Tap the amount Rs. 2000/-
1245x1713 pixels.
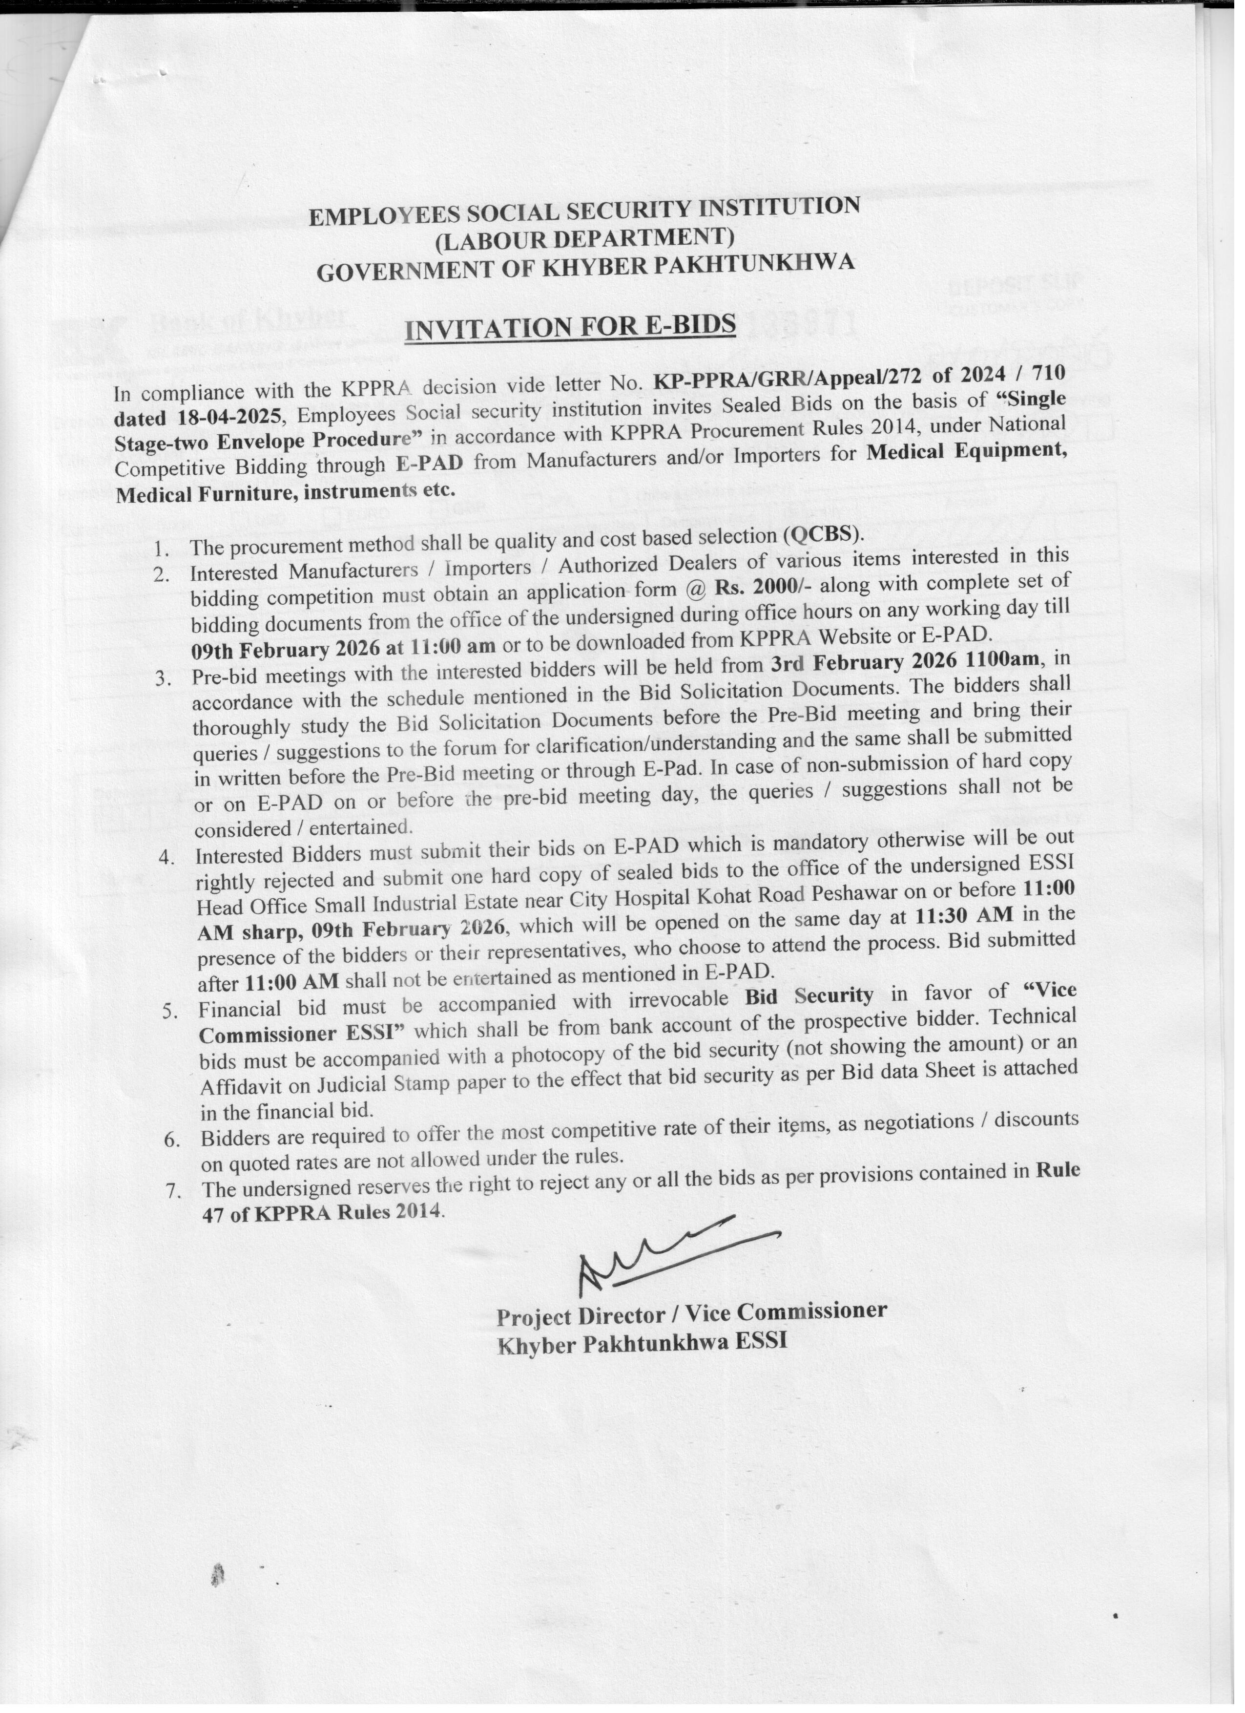(x=763, y=586)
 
